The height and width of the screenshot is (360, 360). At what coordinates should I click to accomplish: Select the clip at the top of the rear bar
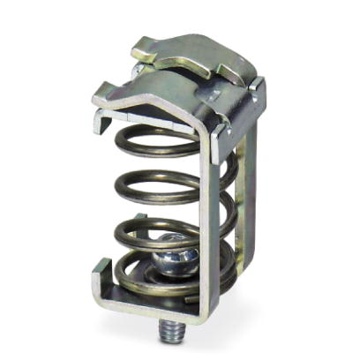pyautogui.click(x=256, y=97)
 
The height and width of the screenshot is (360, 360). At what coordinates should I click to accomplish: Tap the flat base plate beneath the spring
pyautogui.click(x=168, y=304)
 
